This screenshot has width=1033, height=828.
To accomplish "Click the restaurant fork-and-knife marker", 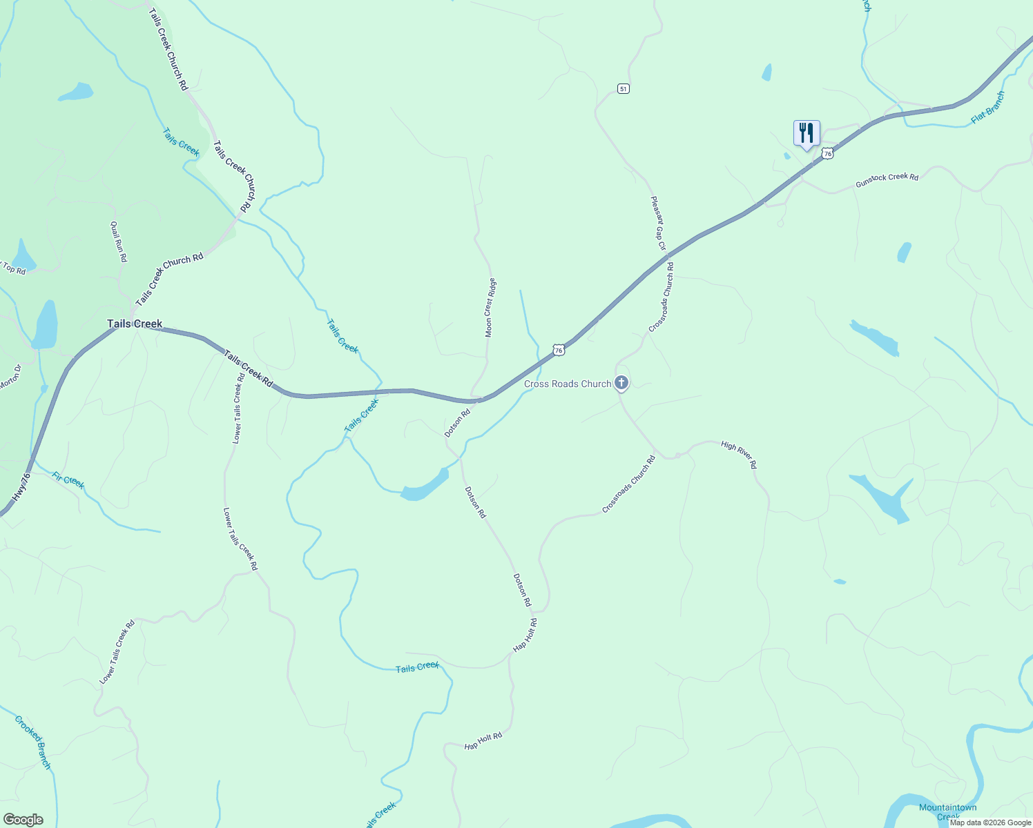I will pyautogui.click(x=807, y=133).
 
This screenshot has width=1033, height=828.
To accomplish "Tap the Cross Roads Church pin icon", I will pyautogui.click(x=621, y=383).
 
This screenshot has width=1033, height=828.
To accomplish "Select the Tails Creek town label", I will pyautogui.click(x=135, y=324).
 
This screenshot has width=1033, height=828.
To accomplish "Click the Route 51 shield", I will pyautogui.click(x=624, y=89).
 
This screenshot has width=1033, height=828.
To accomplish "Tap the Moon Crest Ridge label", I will pyautogui.click(x=490, y=308).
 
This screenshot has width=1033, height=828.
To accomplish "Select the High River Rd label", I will pyautogui.click(x=739, y=455).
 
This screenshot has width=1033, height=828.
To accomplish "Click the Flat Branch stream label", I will pyautogui.click(x=987, y=108).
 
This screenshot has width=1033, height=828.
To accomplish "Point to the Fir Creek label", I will pyautogui.click(x=68, y=480).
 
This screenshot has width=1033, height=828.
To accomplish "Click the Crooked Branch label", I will pyautogui.click(x=33, y=742).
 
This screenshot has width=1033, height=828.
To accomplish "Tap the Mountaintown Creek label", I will pyautogui.click(x=947, y=811).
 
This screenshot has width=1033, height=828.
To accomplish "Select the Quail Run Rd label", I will pyautogui.click(x=118, y=241).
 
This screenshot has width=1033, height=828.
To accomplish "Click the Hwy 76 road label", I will pyautogui.click(x=22, y=486).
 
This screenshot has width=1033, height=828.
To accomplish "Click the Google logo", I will pyautogui.click(x=23, y=820).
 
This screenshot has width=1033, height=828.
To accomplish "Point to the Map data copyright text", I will pyautogui.click(x=990, y=822).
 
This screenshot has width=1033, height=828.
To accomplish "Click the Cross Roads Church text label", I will pyautogui.click(x=567, y=384).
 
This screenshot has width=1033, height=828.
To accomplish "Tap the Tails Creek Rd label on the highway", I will pyautogui.click(x=248, y=368).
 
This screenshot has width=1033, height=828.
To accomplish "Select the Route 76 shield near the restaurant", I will pyautogui.click(x=827, y=154).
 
